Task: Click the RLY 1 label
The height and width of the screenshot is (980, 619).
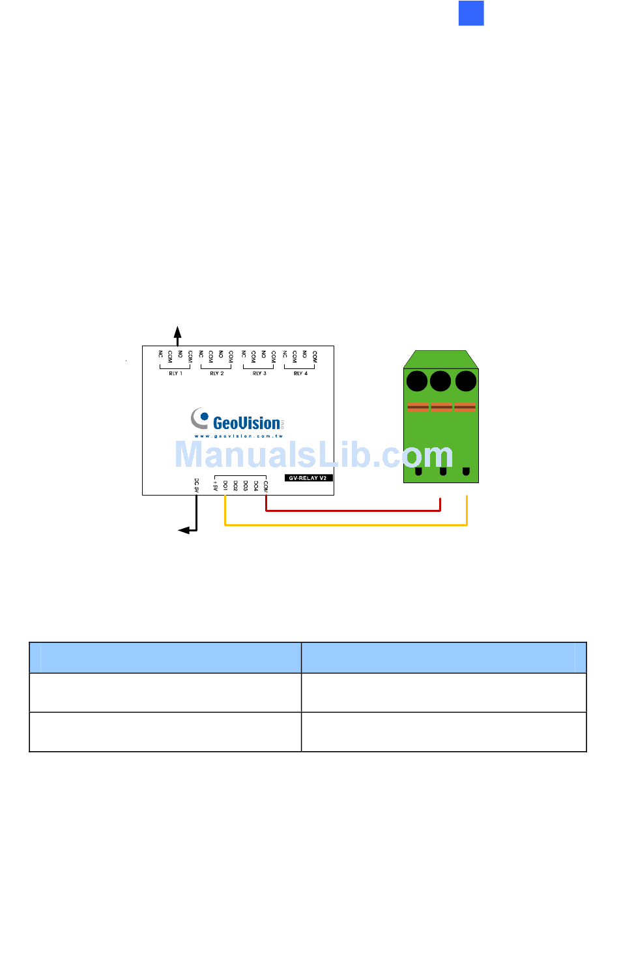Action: tap(175, 374)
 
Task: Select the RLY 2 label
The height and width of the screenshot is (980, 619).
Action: tap(217, 374)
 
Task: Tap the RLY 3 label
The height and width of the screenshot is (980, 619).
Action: tap(259, 374)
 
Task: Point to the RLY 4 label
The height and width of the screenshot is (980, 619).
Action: tap(300, 374)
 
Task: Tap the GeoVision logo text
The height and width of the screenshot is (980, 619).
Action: tap(246, 423)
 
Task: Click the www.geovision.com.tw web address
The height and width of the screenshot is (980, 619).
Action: tap(238, 436)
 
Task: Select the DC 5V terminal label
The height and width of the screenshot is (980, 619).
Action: tap(196, 484)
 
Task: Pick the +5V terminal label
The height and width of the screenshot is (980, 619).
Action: tap(215, 485)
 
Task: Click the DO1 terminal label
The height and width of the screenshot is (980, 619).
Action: tap(225, 485)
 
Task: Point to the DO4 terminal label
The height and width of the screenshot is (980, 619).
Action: tap(256, 485)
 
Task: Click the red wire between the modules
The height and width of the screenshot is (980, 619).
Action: tap(352, 511)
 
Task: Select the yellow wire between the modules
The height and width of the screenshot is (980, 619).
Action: tap(345, 524)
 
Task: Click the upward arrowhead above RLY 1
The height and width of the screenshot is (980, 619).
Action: tap(177, 331)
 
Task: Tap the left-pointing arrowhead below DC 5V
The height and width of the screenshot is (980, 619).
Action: tap(184, 531)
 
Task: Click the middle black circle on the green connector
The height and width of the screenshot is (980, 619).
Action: tap(440, 381)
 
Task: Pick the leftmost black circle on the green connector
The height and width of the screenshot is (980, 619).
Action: tap(417, 381)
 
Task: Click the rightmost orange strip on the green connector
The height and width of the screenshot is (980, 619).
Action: tap(465, 408)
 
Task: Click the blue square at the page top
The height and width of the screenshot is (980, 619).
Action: tap(471, 13)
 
